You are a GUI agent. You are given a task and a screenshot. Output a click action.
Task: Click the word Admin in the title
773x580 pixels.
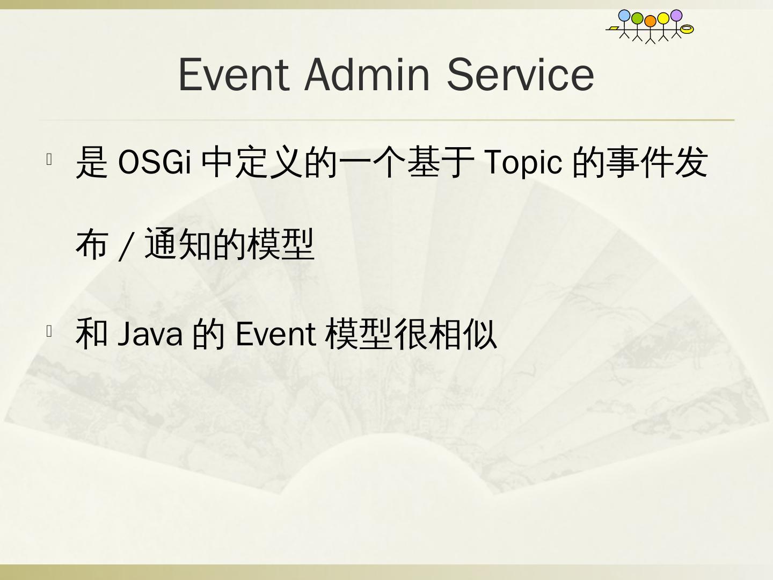[367, 75]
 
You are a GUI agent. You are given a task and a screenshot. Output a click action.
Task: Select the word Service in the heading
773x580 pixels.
[521, 75]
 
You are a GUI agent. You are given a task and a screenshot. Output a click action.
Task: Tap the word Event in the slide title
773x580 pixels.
[234, 75]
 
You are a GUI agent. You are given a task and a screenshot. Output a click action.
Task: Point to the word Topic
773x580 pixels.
[523, 163]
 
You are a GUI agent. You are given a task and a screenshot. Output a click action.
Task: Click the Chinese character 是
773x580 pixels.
[92, 162]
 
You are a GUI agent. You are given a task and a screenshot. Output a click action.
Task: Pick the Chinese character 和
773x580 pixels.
[92, 333]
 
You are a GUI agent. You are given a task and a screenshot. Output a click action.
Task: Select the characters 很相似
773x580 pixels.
[445, 333]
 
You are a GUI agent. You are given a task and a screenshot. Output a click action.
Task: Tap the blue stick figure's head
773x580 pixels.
[624, 16]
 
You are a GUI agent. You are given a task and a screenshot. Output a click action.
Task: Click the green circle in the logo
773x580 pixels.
[637, 18]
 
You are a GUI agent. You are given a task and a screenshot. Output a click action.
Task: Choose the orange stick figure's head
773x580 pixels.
[651, 21]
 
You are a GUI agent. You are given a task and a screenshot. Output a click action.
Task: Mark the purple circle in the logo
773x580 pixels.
[676, 16]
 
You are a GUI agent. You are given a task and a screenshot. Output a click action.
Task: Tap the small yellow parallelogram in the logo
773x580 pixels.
[614, 28]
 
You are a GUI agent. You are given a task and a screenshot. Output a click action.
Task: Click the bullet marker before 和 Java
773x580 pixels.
[49, 331]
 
